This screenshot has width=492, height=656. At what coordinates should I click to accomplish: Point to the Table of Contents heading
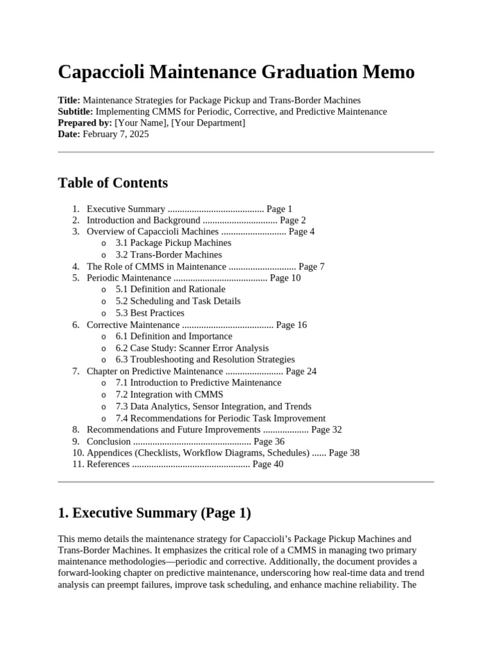coord(113,183)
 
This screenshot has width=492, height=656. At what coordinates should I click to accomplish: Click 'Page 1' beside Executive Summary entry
coord(279,209)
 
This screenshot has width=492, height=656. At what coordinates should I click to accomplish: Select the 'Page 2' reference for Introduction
coord(293,220)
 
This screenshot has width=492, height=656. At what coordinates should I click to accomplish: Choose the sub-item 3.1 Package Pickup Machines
coord(173,243)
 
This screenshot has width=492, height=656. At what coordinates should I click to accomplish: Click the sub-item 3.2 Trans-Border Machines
coord(168,254)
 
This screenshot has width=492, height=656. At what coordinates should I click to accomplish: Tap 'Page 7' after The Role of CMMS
coord(311,266)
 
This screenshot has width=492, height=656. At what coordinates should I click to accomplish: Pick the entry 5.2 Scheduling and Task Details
coord(178,301)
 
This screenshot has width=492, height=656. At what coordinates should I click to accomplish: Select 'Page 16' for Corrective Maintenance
coord(291,325)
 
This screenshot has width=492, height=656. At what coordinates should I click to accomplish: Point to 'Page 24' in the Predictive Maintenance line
coord(301,371)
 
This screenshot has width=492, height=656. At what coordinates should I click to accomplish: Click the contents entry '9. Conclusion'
coord(109,441)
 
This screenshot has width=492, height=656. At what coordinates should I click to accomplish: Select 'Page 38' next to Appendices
coord(344,453)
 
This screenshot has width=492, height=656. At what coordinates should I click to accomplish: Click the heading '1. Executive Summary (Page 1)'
coord(154,513)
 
